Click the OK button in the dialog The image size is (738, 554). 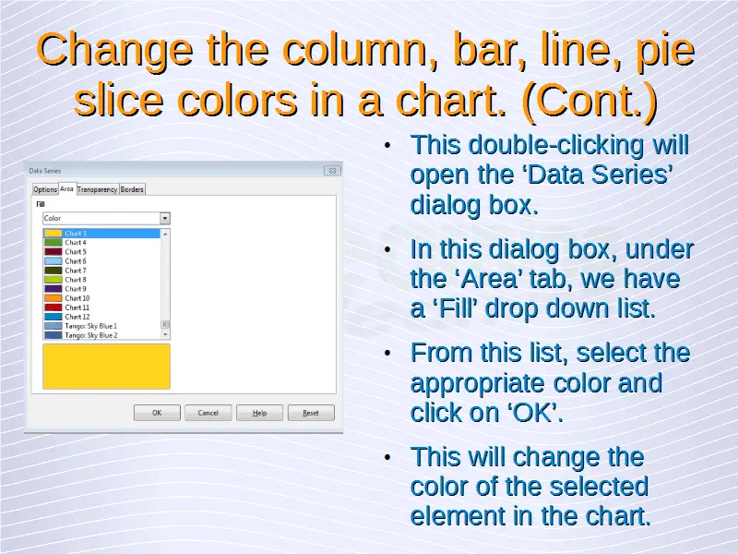[x=157, y=413]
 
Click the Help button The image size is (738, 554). [x=259, y=413]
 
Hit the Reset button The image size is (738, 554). [x=311, y=413]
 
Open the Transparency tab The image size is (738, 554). [x=98, y=189]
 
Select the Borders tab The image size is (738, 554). [x=132, y=189]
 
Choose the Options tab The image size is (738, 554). [x=45, y=189]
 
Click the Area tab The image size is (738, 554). [x=66, y=189]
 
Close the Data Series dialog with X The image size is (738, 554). [x=332, y=171]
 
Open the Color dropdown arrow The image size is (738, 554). [x=165, y=218]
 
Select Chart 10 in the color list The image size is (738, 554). [x=77, y=298]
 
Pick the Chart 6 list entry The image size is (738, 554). [x=76, y=261]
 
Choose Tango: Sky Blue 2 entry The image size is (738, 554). [x=90, y=335]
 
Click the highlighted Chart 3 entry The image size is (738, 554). [x=101, y=234]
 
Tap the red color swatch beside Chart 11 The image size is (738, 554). [x=54, y=307]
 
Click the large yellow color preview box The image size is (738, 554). [x=106, y=367]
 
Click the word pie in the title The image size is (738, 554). [x=665, y=50]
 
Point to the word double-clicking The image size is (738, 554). [x=556, y=145]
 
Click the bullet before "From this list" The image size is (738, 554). [x=387, y=354]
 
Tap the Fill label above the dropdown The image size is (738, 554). [x=41, y=204]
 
